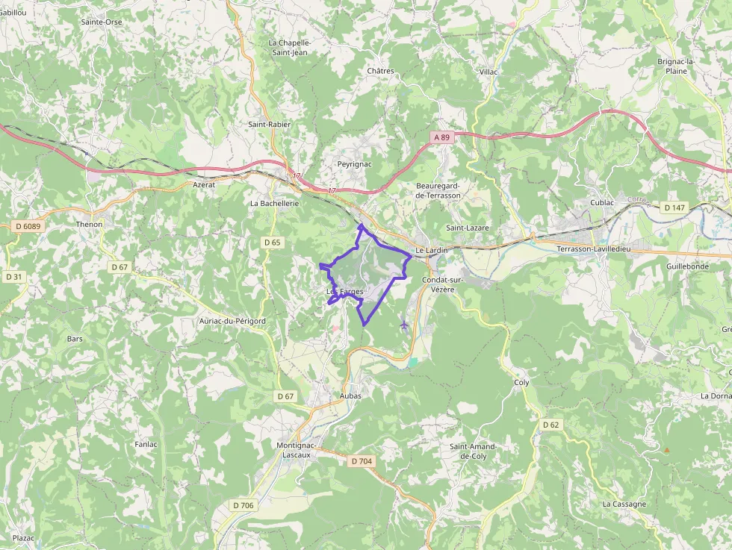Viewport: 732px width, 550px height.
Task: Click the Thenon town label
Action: click(89, 224)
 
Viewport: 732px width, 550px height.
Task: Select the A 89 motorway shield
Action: click(442, 137)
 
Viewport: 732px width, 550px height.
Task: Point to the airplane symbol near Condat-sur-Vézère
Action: click(405, 325)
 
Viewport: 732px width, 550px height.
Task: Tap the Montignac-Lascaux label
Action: click(297, 450)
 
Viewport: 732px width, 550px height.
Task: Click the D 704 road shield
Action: click(361, 461)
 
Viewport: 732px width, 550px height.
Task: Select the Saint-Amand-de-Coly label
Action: click(473, 451)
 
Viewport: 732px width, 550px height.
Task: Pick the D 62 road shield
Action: click(550, 425)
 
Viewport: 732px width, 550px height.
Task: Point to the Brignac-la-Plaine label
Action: click(676, 66)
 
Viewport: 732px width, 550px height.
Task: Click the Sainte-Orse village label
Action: click(102, 22)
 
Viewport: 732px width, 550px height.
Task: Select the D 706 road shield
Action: click(244, 505)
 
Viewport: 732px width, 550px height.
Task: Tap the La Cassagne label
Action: click(624, 504)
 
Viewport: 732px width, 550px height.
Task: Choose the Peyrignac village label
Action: click(355, 163)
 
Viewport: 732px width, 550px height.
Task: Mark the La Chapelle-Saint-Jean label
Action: click(289, 48)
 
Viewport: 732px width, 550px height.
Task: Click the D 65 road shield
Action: click(272, 243)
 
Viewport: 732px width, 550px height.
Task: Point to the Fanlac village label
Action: click(146, 444)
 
